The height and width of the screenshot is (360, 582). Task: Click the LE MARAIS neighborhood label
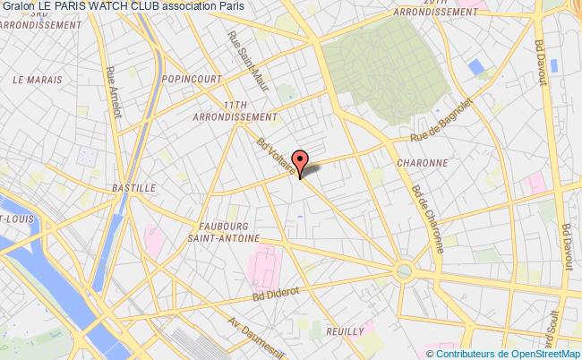pos(30,80)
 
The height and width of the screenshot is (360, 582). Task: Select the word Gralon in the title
pos(19,7)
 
